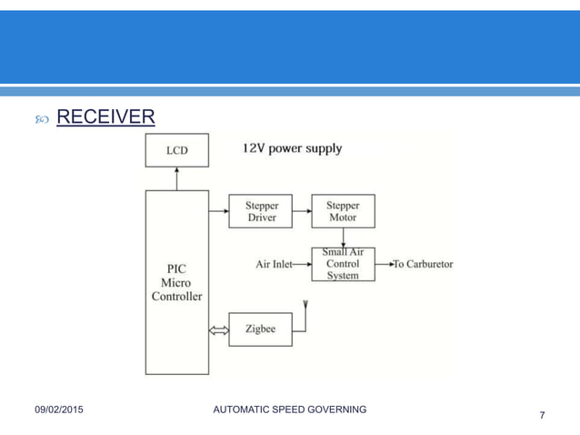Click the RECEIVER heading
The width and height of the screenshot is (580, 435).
coord(105,117)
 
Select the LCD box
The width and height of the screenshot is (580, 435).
coord(176,150)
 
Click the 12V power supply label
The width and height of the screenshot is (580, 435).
coord(292,147)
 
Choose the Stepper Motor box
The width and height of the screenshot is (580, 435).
coord(343,211)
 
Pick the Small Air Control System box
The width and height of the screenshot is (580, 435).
coord(343,264)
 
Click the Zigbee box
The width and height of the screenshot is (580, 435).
coord(260,329)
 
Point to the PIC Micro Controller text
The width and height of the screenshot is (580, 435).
coord(176,282)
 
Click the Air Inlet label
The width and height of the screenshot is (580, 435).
coord(274,265)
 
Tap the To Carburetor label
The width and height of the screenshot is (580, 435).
coord(423,265)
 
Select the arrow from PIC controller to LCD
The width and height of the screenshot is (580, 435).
coord(176,178)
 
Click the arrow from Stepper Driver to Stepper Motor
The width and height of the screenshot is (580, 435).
coord(302,211)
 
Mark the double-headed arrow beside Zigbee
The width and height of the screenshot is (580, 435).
coord(218,330)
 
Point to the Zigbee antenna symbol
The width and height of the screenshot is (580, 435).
coord(305,306)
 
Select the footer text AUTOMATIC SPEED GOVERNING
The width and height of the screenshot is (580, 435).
coord(289,410)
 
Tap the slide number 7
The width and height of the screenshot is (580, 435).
coord(543,416)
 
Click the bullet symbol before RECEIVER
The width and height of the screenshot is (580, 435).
coord(40,119)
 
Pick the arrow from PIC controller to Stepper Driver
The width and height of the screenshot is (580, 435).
coord(218,211)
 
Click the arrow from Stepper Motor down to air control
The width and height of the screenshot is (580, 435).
coord(343,237)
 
